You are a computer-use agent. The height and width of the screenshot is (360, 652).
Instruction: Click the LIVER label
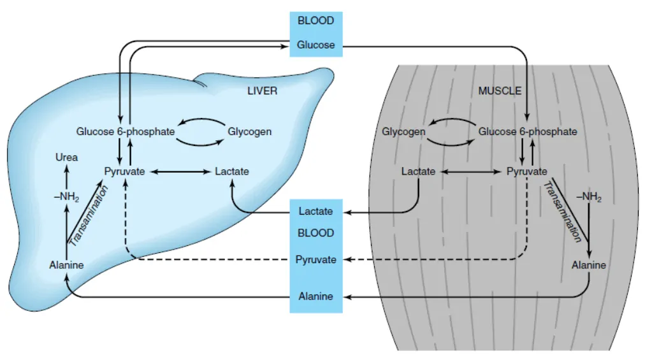(x=262, y=90)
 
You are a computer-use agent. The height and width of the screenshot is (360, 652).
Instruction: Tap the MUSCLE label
(x=500, y=90)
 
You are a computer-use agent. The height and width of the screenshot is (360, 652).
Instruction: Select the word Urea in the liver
(x=66, y=157)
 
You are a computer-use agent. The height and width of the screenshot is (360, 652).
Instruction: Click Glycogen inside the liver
(x=249, y=132)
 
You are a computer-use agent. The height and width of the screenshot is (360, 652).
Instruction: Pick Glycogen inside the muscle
(x=403, y=132)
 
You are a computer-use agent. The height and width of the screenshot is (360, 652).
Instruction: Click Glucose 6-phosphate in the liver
(x=125, y=132)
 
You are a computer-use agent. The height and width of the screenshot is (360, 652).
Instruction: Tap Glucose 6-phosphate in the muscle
(x=528, y=132)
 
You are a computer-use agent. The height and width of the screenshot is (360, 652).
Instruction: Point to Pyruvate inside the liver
(x=124, y=171)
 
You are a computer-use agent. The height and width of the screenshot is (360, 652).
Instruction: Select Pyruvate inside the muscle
(x=527, y=171)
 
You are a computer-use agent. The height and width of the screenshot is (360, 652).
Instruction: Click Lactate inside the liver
(x=232, y=171)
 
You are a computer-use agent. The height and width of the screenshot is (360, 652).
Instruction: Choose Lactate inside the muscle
(x=418, y=171)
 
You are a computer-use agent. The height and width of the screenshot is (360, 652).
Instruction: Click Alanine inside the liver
(x=66, y=265)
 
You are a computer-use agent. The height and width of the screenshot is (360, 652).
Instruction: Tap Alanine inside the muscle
(x=589, y=265)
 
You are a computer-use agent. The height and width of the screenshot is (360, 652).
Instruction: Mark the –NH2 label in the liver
(x=66, y=197)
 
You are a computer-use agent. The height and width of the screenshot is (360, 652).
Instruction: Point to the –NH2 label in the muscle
(x=589, y=197)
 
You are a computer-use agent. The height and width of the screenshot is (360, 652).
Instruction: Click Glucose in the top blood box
(x=315, y=45)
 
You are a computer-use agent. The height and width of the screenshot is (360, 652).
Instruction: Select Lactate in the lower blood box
(x=315, y=211)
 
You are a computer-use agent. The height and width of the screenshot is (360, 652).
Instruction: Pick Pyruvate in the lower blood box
(x=315, y=260)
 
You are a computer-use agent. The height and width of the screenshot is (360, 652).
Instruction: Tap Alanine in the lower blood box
(x=315, y=296)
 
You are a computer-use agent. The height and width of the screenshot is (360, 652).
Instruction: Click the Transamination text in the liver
(x=89, y=216)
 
